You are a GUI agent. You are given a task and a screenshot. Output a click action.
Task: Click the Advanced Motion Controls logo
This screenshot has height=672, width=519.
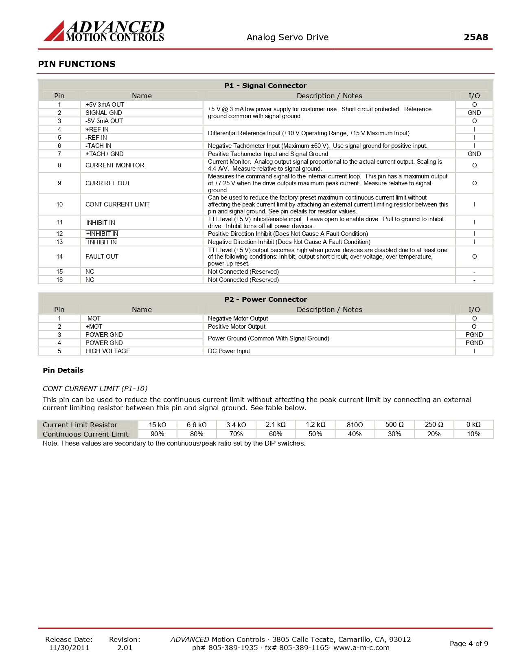point(104,31)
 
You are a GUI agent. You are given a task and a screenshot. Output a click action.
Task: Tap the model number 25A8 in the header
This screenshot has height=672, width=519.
point(475,37)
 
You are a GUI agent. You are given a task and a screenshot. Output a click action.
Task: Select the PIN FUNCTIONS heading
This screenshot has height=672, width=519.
point(77,64)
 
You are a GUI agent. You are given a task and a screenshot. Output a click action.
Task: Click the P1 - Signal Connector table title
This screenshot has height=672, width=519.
point(265,86)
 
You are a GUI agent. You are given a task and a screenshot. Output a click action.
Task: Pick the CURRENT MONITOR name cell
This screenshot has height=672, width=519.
point(115,165)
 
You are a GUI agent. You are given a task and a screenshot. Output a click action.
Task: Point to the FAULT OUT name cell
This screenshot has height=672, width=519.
point(102,257)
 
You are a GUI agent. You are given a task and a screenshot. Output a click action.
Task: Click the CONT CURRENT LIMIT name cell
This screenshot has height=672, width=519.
point(117,204)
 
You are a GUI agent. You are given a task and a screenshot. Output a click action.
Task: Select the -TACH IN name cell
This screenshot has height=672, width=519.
point(98,146)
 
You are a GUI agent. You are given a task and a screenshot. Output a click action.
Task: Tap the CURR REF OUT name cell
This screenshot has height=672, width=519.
point(107,183)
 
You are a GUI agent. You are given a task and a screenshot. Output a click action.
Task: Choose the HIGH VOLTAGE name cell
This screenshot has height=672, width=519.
point(107,351)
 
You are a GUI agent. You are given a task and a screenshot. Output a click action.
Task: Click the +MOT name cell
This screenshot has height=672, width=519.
point(94,327)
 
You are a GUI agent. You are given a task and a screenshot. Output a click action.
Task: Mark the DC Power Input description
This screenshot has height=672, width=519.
point(229,351)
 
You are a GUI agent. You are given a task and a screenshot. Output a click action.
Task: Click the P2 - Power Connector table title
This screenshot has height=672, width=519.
point(265,299)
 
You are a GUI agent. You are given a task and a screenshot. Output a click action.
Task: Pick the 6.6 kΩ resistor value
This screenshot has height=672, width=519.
point(197,425)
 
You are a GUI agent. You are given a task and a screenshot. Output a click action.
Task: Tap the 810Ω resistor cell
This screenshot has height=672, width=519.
point(355,425)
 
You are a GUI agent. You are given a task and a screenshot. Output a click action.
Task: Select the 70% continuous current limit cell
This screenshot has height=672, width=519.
point(236,434)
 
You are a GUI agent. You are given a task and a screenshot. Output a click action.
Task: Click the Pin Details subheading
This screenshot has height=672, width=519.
point(63,370)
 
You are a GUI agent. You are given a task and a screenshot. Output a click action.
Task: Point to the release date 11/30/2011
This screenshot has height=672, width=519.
point(69,648)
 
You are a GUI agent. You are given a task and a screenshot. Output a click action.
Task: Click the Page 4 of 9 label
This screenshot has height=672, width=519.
point(469,643)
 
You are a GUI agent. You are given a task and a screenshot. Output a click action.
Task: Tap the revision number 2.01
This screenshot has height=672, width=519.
point(125,648)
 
